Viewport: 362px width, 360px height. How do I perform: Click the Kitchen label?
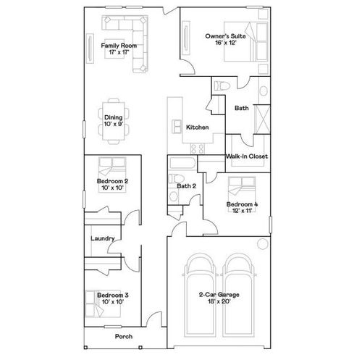click(x=198, y=127)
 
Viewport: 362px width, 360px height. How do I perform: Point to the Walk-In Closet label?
click(x=247, y=156)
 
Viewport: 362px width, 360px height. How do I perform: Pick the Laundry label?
click(x=102, y=238)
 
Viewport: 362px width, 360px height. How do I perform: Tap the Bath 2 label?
click(x=187, y=186)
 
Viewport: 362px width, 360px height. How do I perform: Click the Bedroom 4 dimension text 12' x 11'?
click(x=239, y=212)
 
